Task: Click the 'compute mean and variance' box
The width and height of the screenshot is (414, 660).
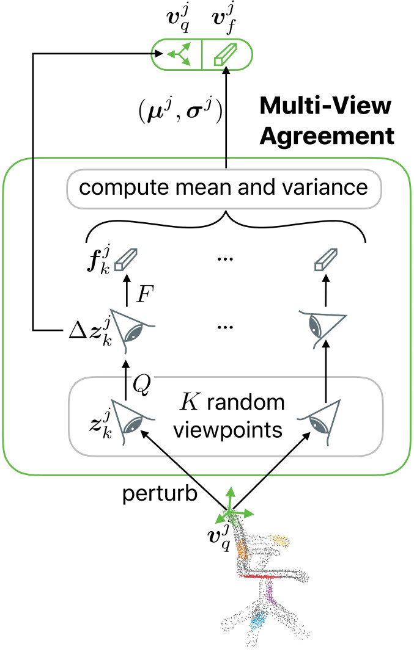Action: pos(224,187)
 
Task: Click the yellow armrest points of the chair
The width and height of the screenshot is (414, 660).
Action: pos(279,540)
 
